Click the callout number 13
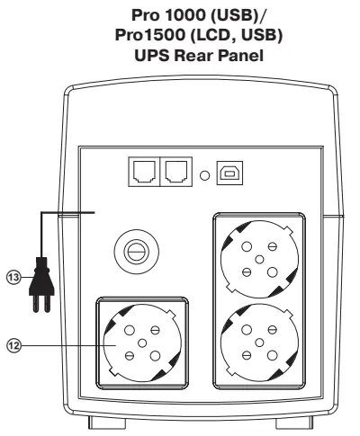tap(12, 277)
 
